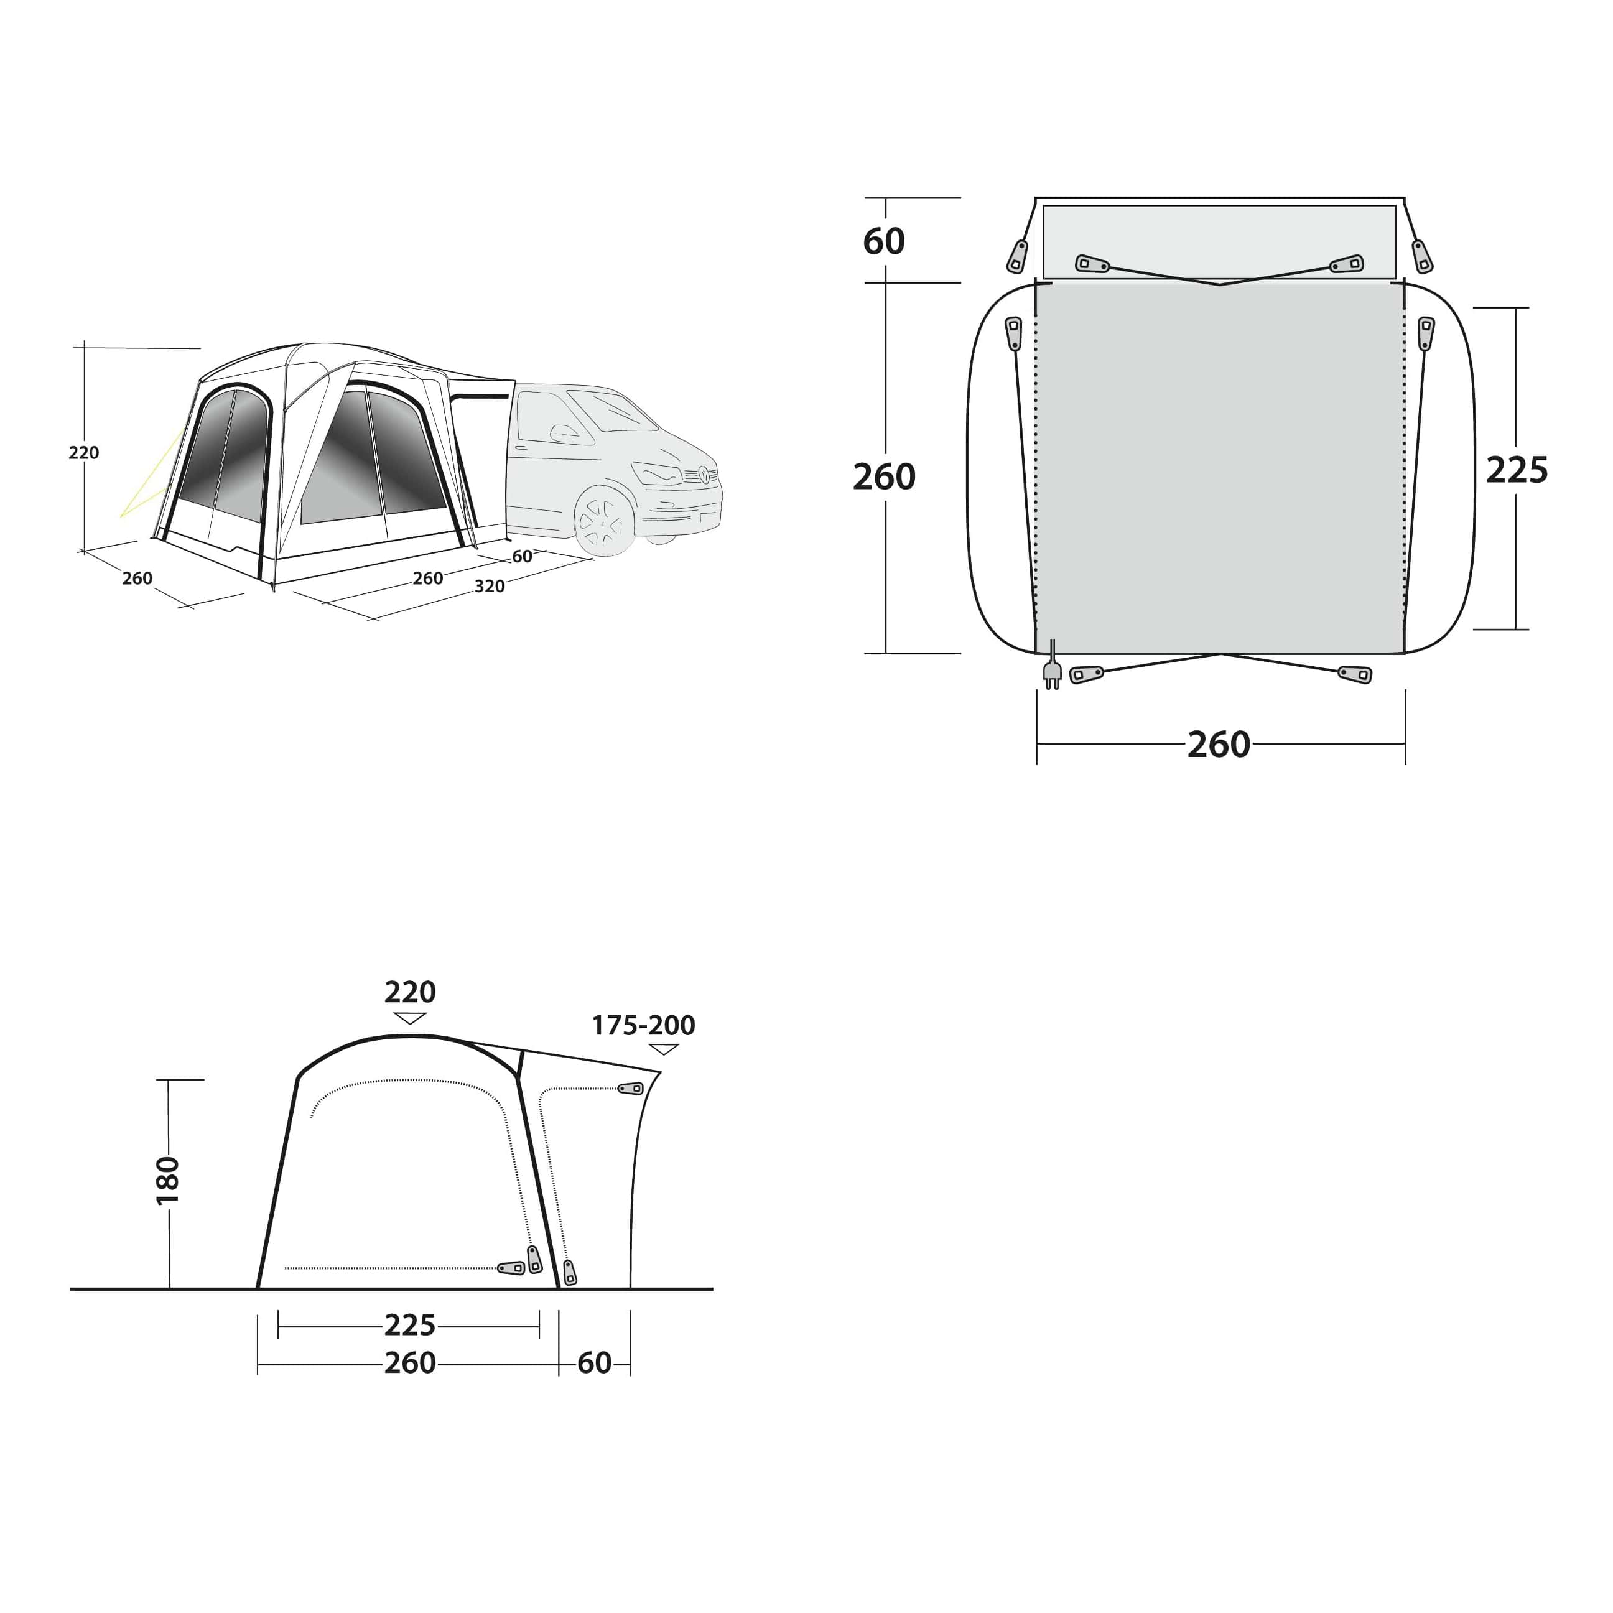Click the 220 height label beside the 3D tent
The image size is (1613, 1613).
click(x=83, y=452)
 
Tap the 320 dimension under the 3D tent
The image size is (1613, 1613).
click(x=489, y=586)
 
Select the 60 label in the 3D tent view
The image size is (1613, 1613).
click(x=522, y=557)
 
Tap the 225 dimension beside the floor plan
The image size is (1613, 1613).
click(x=1516, y=471)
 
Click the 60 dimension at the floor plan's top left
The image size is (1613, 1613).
click(x=883, y=242)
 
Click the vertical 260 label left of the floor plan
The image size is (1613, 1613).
click(x=883, y=476)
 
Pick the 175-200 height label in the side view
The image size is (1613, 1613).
click(x=643, y=1025)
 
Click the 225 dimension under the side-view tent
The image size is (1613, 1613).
click(x=409, y=1325)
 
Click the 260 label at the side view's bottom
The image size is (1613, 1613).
click(x=409, y=1364)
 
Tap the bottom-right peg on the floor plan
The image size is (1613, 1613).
click(x=1354, y=674)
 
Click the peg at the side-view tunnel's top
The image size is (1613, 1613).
click(x=631, y=1089)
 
